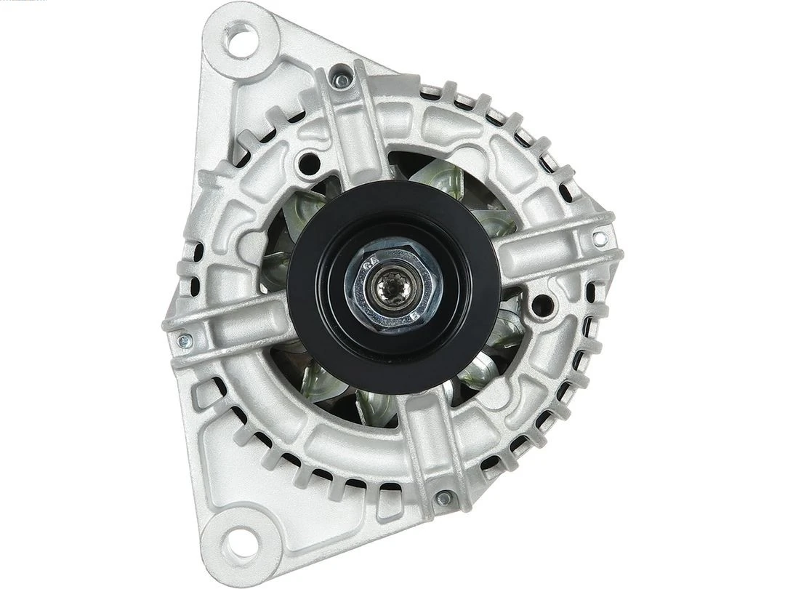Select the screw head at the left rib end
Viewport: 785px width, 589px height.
[x=185, y=340]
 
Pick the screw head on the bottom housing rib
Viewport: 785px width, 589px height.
[x=443, y=498]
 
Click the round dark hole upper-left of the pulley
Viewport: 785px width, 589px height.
[x=309, y=162]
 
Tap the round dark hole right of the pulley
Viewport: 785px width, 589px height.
[x=541, y=305]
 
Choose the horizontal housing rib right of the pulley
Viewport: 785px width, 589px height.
[x=552, y=247]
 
